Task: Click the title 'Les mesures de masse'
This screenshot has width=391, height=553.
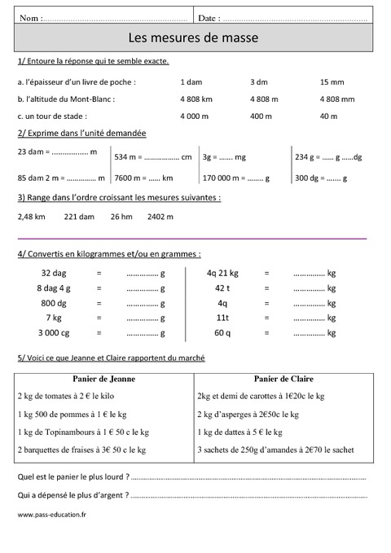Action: point(195,37)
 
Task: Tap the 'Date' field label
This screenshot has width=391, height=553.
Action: point(209,17)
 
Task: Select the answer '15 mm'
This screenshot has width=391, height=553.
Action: point(332,82)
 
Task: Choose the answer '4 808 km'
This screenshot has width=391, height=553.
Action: point(195,99)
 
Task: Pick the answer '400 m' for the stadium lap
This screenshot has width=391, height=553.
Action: point(261,116)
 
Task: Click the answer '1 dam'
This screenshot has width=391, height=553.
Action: point(191,82)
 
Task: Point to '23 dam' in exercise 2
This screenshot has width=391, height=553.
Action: point(30,152)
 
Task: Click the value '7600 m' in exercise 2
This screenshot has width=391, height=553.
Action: point(130,178)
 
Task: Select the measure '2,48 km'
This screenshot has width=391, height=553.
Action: point(31,217)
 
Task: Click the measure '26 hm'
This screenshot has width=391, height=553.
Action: point(121,217)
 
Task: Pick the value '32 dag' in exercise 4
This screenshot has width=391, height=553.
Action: point(52,273)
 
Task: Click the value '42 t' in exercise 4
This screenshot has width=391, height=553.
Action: point(222,288)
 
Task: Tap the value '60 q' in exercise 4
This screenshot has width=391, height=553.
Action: point(222,332)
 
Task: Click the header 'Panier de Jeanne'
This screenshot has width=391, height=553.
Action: point(103,379)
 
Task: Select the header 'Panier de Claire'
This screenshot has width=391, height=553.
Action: point(283,379)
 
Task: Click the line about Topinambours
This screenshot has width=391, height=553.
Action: point(81,432)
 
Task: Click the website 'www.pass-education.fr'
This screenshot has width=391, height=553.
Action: point(51,514)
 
